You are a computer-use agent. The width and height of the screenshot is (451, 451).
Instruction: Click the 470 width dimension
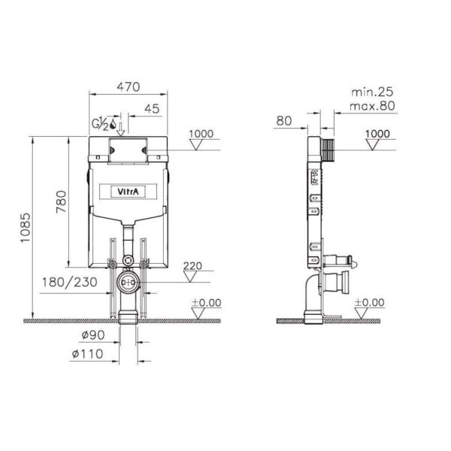pyautogui.click(x=129, y=86)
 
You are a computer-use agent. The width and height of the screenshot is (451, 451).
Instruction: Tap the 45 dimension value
pyautogui.click(x=152, y=109)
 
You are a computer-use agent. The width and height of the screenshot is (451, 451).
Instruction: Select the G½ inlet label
pyautogui.click(x=100, y=124)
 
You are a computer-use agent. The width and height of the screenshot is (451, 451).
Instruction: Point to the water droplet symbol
pyautogui.click(x=113, y=124)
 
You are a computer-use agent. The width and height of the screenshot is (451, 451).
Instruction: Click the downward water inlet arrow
pyautogui.click(x=121, y=129)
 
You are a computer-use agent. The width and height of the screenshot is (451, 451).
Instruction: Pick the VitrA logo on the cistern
pyautogui.click(x=128, y=192)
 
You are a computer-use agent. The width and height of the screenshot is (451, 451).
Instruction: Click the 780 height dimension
pyautogui.click(x=62, y=201)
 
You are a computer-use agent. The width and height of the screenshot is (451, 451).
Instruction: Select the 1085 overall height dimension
pyautogui.click(x=26, y=228)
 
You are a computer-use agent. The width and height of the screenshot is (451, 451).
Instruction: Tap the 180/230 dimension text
pyautogui.click(x=70, y=282)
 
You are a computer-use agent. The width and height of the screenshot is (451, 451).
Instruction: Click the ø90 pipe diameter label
pyautogui.click(x=93, y=334)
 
